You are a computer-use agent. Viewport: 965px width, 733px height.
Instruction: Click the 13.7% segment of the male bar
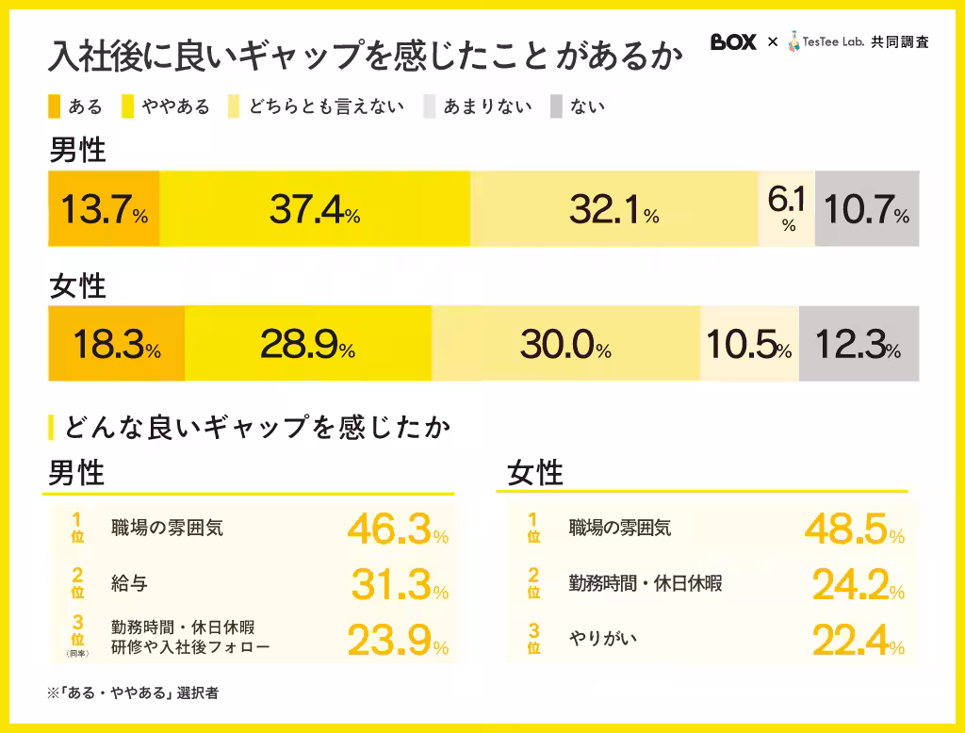pos(104,209)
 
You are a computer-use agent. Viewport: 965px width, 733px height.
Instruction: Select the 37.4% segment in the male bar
pos(315,209)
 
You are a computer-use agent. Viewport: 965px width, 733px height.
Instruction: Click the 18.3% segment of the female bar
pos(116,344)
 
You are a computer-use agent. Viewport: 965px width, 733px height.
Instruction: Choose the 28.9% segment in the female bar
pos(308,344)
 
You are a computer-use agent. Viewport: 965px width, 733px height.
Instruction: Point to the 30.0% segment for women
pos(565,344)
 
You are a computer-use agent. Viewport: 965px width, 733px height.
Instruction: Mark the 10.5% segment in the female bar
pos(749,344)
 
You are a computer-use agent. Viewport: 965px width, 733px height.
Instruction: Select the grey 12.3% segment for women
pos(859,344)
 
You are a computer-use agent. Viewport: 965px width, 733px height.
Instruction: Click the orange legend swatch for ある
pos(53,106)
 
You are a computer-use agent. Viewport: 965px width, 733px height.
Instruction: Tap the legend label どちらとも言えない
pos(326,106)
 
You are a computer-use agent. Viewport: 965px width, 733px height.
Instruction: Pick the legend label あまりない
pos(487,106)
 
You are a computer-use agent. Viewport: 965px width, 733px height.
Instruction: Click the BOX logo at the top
pos(733,42)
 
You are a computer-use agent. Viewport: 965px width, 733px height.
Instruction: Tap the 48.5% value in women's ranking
pos(854,529)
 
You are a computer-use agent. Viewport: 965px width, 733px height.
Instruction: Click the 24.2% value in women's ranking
pos(854,585)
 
